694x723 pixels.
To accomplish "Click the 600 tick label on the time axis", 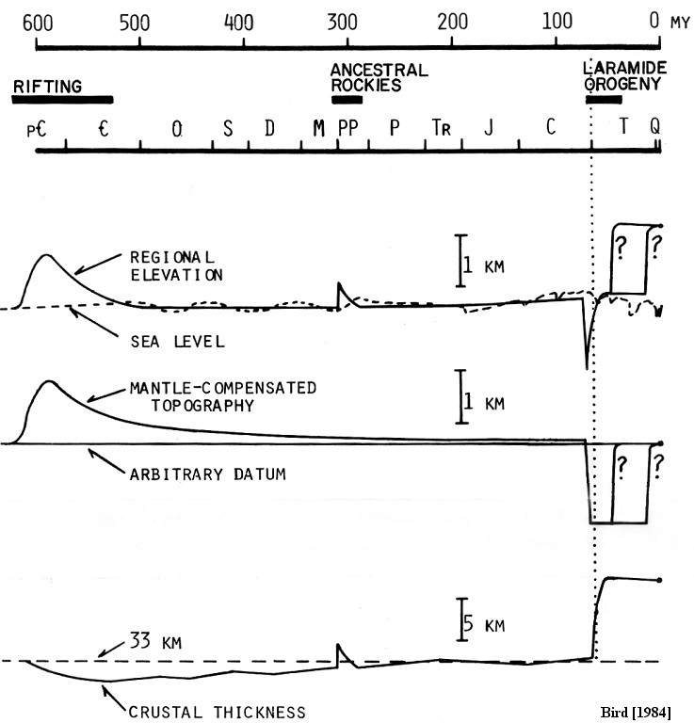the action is (x=38, y=23).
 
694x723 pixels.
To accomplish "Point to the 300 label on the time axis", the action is (x=342, y=22).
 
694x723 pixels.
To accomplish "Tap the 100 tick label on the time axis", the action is (x=557, y=21).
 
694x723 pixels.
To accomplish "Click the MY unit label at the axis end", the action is (x=680, y=23).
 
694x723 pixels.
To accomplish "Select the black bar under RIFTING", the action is (x=63, y=100).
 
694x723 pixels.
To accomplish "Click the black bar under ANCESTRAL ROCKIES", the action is (x=347, y=100).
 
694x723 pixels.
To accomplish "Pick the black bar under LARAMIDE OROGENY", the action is (x=604, y=100).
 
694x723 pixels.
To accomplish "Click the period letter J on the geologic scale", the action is (x=489, y=127).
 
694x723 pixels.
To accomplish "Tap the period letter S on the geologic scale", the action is (x=228, y=129).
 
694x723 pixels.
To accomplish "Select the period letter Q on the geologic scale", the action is (x=654, y=125).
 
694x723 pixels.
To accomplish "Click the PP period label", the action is (x=348, y=128).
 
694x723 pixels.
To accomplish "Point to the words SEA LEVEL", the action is (x=178, y=342).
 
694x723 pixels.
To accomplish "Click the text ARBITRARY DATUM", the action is (x=208, y=474).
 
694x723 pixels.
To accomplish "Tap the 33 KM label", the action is (x=156, y=640).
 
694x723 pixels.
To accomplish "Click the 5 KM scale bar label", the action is (x=484, y=624).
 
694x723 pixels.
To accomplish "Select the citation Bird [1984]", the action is (x=636, y=712).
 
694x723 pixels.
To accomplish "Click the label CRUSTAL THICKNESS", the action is (x=218, y=712).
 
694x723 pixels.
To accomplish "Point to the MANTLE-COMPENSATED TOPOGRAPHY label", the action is (x=223, y=396).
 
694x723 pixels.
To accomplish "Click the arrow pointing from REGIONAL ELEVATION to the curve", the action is (x=98, y=264).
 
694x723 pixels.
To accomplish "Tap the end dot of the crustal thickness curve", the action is (x=659, y=580).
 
